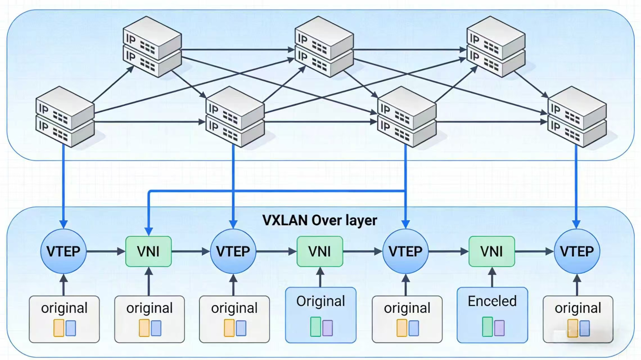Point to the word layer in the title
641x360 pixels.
[x=361, y=220]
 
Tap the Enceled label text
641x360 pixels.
[x=492, y=301]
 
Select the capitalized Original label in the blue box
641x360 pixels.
[x=320, y=301]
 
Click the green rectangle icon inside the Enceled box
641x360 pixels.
[x=487, y=327]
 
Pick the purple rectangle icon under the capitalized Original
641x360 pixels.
[x=328, y=328]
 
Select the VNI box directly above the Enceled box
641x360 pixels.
[x=492, y=251]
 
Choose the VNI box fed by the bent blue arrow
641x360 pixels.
[x=148, y=251]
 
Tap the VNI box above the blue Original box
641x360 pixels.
[x=320, y=251]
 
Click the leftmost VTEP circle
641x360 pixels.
[x=64, y=251]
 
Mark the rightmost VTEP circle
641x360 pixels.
[x=577, y=251]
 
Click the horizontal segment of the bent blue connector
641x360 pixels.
[x=276, y=191]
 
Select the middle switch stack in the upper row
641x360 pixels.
[x=324, y=46]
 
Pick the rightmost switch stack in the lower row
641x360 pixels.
[x=577, y=117]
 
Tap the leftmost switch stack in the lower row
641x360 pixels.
[x=65, y=117]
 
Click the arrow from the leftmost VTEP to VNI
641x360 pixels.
[x=106, y=251]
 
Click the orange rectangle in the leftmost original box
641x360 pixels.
[x=59, y=328]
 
